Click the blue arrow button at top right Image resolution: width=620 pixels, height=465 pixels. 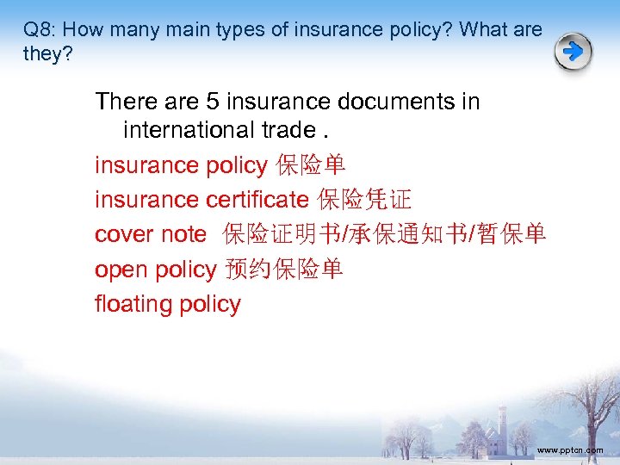(573, 53)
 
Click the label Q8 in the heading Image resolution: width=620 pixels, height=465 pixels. (37, 30)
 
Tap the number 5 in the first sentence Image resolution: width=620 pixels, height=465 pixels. (213, 102)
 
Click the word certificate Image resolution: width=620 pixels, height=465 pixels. (257, 200)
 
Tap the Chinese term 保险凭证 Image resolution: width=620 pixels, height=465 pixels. (364, 200)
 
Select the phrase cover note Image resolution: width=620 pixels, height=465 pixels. (151, 234)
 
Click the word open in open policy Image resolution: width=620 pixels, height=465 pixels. (121, 270)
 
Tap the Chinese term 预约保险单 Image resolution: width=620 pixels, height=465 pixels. (284, 270)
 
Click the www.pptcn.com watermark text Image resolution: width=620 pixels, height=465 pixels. (569, 450)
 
